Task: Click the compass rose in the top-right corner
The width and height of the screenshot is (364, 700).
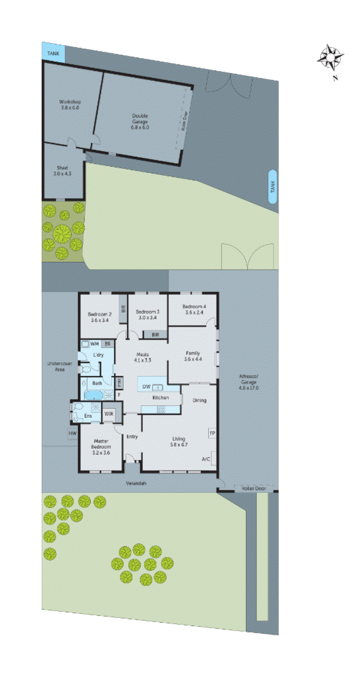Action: [x=330, y=57]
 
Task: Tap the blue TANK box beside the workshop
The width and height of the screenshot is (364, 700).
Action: [x=53, y=53]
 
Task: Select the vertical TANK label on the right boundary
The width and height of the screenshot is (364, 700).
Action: [x=273, y=187]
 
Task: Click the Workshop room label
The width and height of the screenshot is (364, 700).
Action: [x=70, y=105]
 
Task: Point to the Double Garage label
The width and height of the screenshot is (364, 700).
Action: [x=140, y=121]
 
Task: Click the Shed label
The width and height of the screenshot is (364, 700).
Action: [x=62, y=171]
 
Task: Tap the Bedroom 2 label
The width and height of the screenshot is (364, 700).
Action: [x=100, y=317]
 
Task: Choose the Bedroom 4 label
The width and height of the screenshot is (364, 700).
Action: [x=194, y=309]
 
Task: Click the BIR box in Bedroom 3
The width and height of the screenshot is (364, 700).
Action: [x=155, y=335]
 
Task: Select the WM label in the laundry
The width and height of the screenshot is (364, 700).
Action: [x=94, y=344]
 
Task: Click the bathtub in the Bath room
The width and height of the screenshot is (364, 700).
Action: [x=94, y=395]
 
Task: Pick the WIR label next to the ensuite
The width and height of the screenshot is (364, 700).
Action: [x=108, y=414]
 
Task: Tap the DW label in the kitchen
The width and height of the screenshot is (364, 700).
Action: [x=146, y=387]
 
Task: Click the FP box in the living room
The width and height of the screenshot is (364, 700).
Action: [x=212, y=433]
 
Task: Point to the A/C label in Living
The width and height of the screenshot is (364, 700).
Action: [x=206, y=459]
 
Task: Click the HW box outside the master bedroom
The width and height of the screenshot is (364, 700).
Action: [x=73, y=433]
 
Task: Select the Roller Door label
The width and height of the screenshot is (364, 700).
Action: [x=254, y=488]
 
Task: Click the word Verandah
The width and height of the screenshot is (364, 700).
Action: [x=136, y=483]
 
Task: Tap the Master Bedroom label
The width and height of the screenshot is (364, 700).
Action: [x=101, y=447]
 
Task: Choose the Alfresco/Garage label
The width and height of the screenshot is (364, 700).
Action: [x=249, y=382]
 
